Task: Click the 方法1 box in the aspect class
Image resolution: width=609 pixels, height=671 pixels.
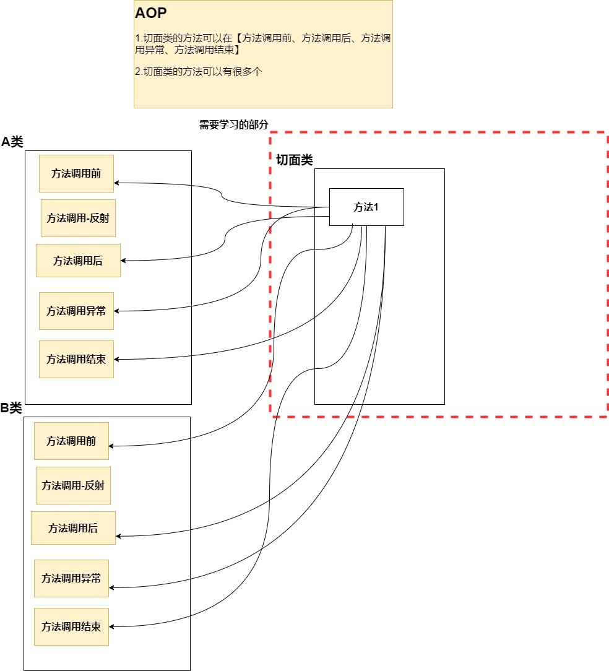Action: click(x=366, y=207)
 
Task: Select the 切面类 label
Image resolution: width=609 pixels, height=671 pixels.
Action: click(x=294, y=160)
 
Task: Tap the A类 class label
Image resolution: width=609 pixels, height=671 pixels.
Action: click(x=12, y=142)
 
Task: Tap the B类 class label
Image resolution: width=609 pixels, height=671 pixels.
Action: click(x=11, y=408)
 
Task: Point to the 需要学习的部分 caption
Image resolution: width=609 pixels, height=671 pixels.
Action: click(x=234, y=124)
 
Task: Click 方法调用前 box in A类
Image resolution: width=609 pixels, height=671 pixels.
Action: click(x=76, y=173)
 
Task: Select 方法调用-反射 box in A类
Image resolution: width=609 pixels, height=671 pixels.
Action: click(x=78, y=218)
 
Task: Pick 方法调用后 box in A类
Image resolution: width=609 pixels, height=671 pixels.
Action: click(x=78, y=261)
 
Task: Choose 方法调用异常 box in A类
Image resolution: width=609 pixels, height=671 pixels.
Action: click(x=76, y=311)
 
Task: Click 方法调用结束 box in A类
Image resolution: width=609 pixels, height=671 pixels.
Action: click(x=76, y=359)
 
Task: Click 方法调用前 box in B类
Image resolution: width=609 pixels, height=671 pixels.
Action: click(x=71, y=441)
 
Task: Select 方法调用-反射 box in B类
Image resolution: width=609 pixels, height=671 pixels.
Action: click(x=73, y=485)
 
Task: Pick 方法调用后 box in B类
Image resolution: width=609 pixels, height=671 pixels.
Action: click(x=73, y=528)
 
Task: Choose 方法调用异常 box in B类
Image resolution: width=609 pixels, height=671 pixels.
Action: click(x=71, y=578)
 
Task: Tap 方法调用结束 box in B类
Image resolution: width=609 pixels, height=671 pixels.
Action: click(x=71, y=626)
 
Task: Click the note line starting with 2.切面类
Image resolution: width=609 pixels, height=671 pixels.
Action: click(x=199, y=71)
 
